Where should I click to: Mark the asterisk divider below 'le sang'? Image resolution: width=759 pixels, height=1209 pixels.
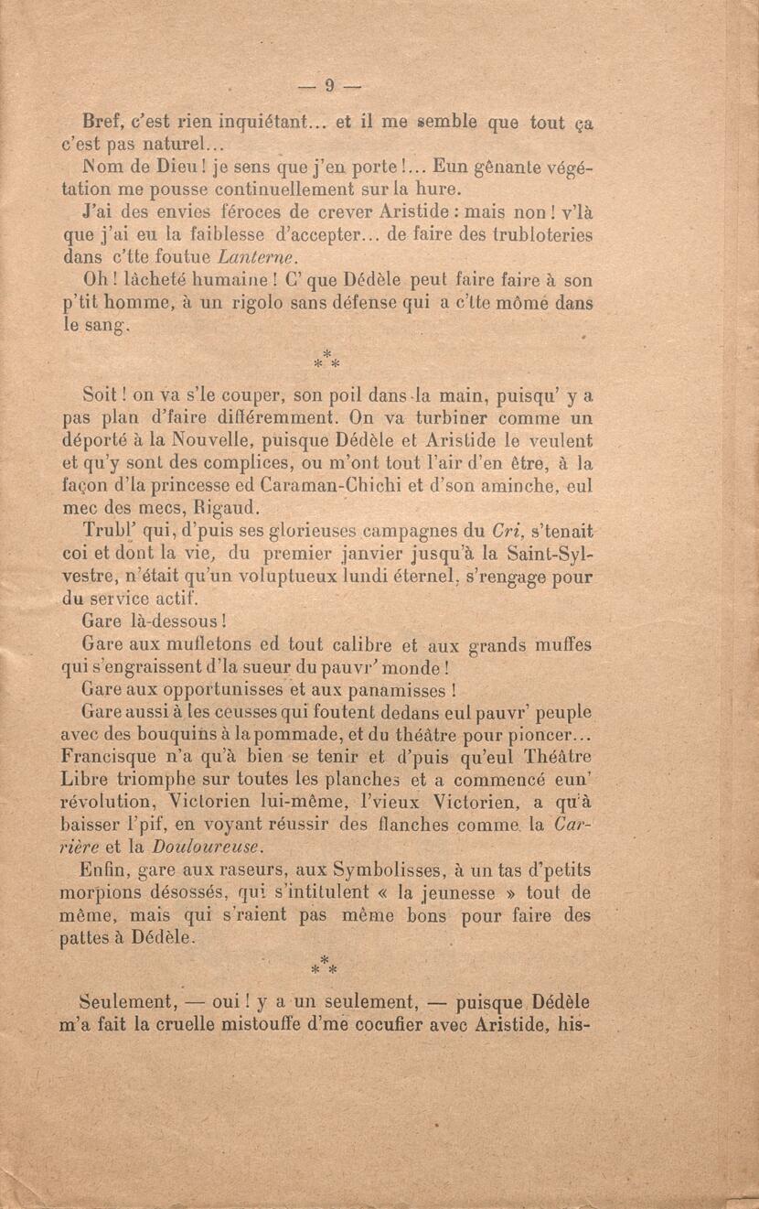(326, 359)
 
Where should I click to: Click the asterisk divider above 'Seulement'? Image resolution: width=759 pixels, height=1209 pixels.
(325, 966)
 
